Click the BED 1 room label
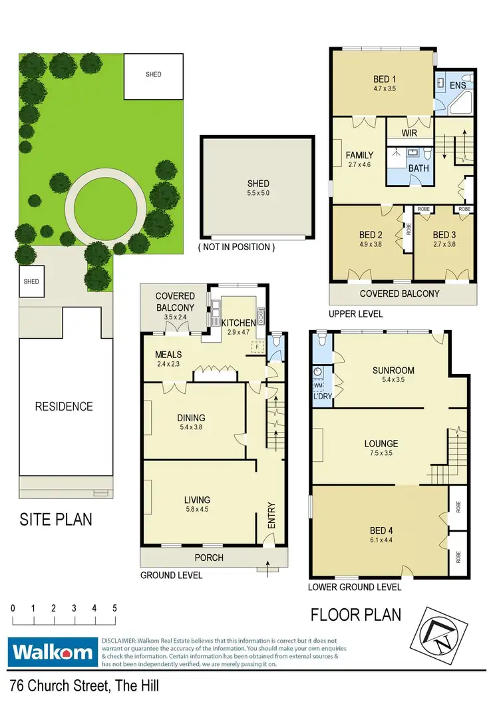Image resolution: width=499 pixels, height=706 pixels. coord(385,79)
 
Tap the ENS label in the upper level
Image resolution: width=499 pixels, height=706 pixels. coord(458,85)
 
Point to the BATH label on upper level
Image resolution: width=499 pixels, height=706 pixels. coord(418,168)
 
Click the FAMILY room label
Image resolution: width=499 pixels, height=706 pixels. coord(359,156)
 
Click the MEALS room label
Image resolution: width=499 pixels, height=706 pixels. coord(169,354)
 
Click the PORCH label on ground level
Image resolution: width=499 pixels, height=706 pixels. coord(208,558)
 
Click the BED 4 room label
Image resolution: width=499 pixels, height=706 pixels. coord(381,530)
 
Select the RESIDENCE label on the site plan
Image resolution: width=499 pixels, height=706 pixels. coord(64,406)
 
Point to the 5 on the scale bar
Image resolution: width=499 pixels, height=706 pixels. coord(115,608)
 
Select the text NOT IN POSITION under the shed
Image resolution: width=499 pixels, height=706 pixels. coord(236,247)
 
